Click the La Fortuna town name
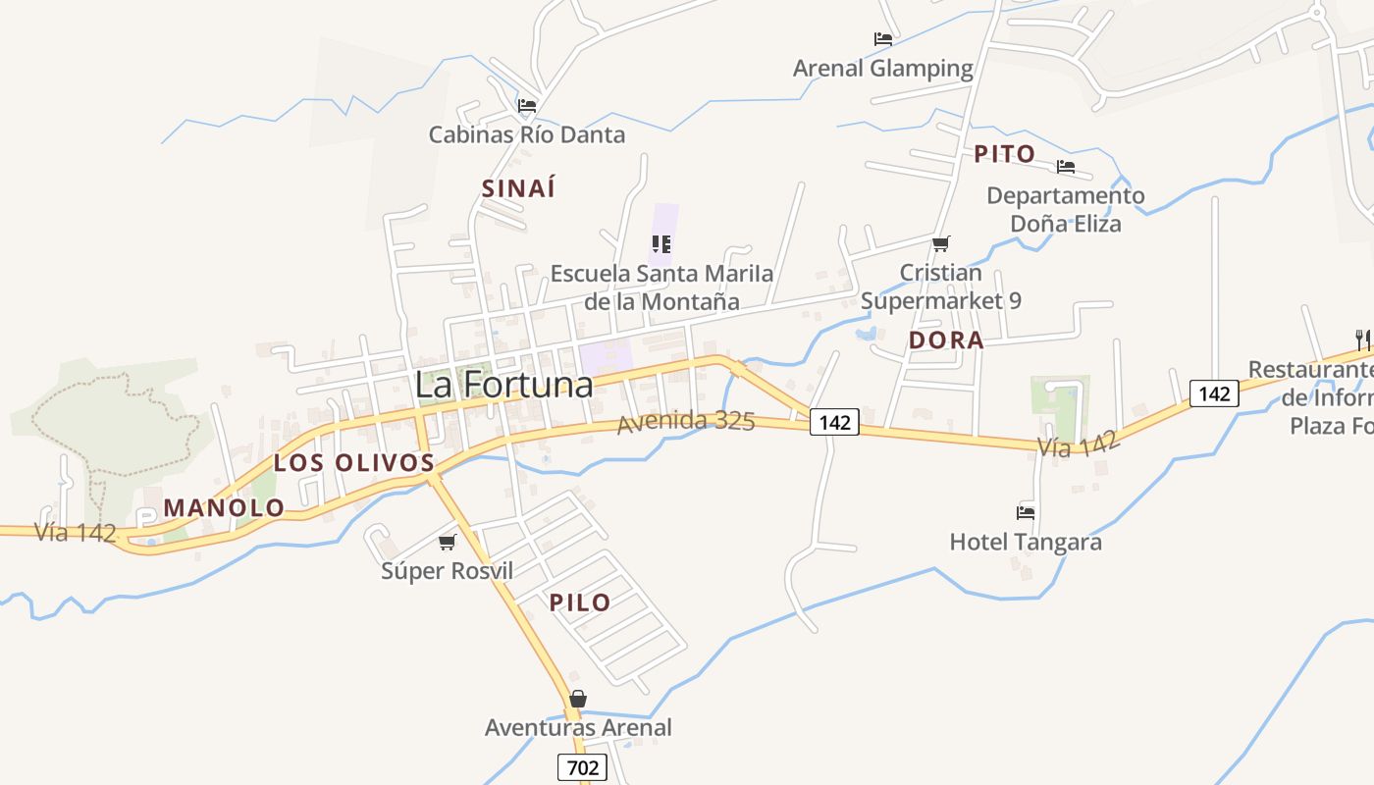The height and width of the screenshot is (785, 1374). click(x=503, y=384)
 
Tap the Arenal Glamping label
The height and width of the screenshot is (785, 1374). click(x=882, y=69)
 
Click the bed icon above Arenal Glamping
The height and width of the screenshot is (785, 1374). click(x=882, y=39)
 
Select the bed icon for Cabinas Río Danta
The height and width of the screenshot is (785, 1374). click(x=527, y=105)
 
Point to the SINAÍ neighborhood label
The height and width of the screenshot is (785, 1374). click(x=518, y=188)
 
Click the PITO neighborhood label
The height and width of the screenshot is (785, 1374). click(x=1004, y=154)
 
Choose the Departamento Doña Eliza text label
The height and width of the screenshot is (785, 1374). click(x=1065, y=209)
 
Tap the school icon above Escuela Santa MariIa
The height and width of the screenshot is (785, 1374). click(x=661, y=243)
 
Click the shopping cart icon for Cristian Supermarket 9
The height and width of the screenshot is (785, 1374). click(x=940, y=243)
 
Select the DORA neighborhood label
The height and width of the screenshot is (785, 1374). click(x=946, y=340)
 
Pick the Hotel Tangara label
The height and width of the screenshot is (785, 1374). click(x=1025, y=542)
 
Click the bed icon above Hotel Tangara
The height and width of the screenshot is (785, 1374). click(x=1026, y=512)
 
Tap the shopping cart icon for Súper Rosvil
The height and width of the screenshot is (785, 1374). click(x=448, y=542)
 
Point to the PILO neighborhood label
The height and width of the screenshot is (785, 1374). click(x=579, y=602)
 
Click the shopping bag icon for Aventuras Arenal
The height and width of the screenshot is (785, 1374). click(x=578, y=699)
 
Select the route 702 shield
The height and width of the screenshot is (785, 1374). click(x=582, y=767)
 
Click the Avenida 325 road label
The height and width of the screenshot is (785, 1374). click(x=686, y=423)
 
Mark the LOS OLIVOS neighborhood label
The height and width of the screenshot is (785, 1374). click(x=353, y=463)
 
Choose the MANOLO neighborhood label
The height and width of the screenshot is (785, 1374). click(x=224, y=508)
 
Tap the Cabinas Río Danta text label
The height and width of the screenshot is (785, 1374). click(x=526, y=134)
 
